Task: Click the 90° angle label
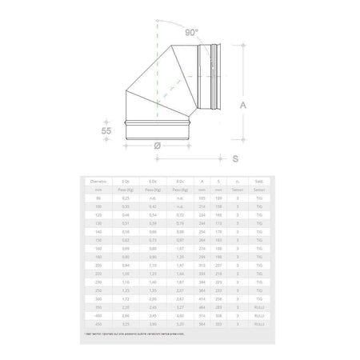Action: click(x=191, y=34)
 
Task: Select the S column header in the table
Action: click(x=218, y=182)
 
